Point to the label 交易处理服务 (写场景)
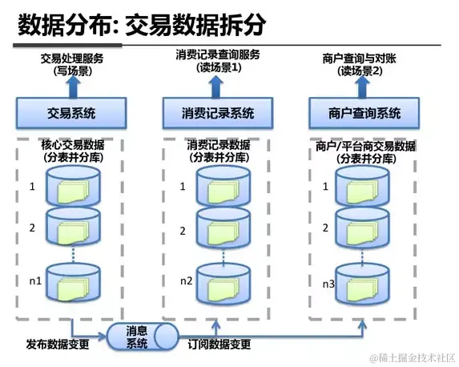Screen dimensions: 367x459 coord(72,65)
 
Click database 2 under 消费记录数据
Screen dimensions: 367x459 coord(223,229)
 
